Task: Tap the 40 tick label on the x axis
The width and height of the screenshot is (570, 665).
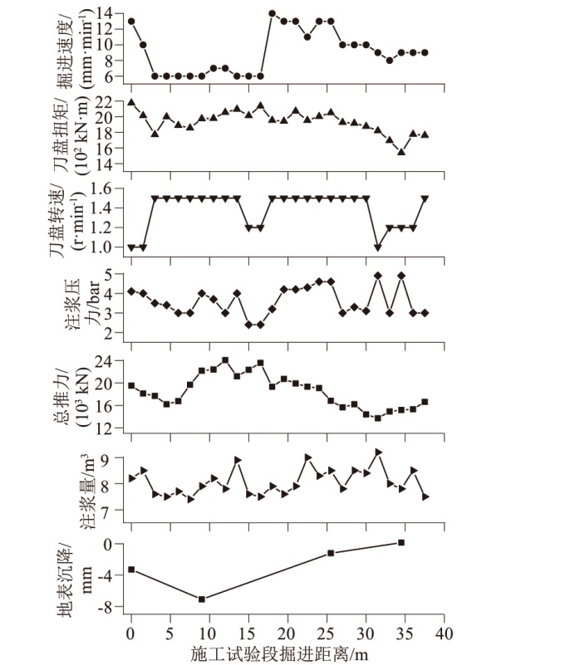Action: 445,635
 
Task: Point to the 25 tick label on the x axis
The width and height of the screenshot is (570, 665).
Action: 327,635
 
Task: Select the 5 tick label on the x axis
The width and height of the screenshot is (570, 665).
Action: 170,635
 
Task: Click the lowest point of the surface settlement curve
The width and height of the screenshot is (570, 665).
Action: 202,599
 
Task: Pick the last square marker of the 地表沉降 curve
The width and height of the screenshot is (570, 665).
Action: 401,543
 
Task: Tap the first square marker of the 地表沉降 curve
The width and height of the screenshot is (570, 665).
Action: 131,570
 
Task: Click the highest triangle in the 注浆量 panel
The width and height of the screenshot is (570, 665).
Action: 378,452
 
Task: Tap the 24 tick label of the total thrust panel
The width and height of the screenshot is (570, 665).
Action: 103,361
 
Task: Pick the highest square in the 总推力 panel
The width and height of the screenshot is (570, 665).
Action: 225,360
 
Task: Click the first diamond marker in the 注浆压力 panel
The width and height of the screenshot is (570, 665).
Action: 131,291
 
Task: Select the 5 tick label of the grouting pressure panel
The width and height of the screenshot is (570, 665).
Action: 108,273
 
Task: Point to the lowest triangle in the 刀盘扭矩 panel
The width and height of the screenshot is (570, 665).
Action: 401,152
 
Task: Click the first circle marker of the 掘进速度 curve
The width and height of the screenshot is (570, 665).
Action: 131,21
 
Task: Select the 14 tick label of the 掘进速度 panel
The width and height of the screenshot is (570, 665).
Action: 103,12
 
